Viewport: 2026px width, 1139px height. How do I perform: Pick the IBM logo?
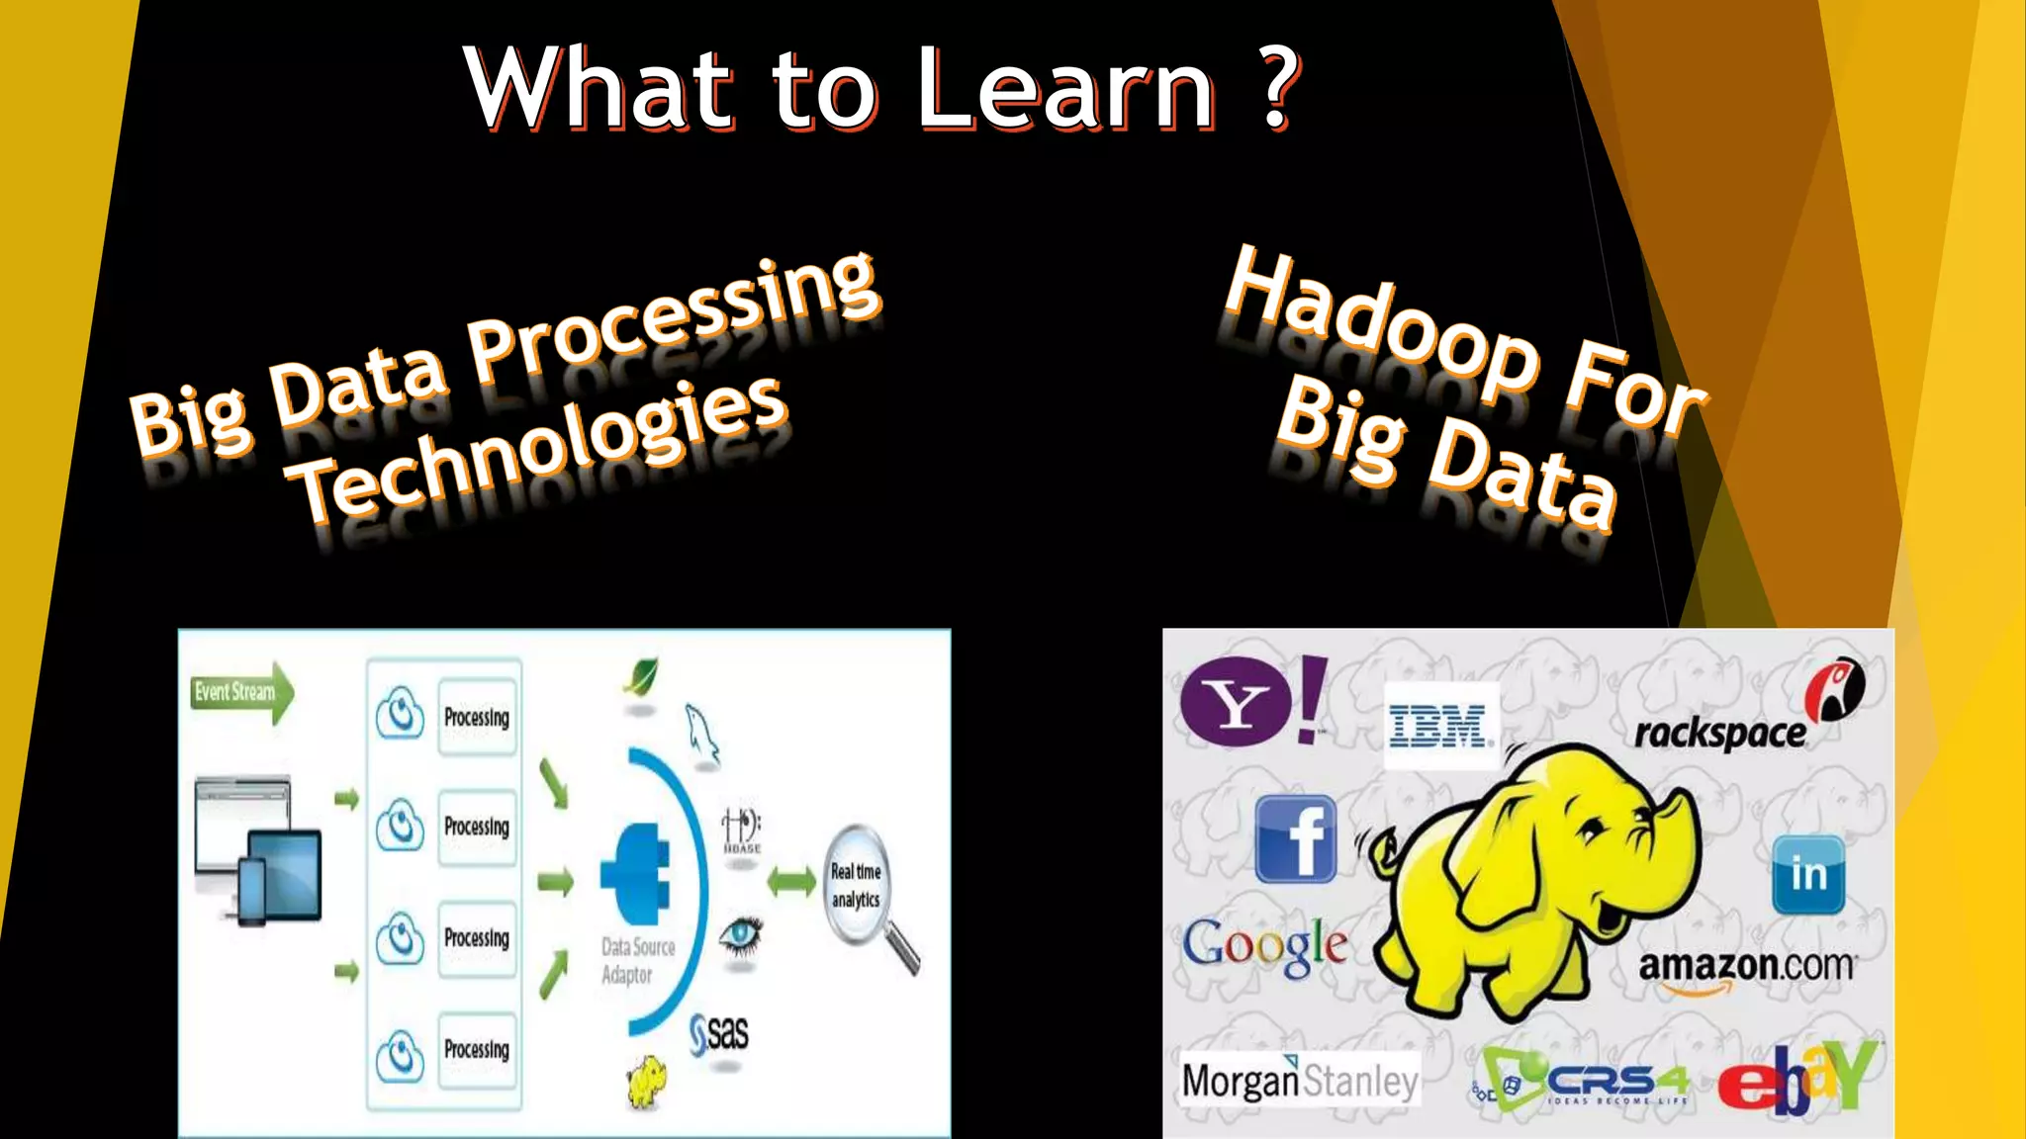click(x=1438, y=726)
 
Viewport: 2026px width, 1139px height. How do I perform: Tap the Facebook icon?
click(x=1296, y=839)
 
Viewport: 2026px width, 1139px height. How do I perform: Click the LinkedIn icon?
click(x=1808, y=874)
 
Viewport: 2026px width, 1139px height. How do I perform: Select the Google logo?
click(x=1265, y=946)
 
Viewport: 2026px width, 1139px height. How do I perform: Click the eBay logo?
click(x=1796, y=1079)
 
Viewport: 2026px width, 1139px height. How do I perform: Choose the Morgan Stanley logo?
click(x=1300, y=1081)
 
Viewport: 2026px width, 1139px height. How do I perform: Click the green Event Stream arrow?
click(x=242, y=692)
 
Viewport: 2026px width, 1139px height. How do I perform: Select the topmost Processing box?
click(x=477, y=717)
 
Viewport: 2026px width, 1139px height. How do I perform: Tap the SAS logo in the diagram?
click(x=719, y=1034)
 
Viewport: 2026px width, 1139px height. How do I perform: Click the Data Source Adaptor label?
click(x=637, y=960)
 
